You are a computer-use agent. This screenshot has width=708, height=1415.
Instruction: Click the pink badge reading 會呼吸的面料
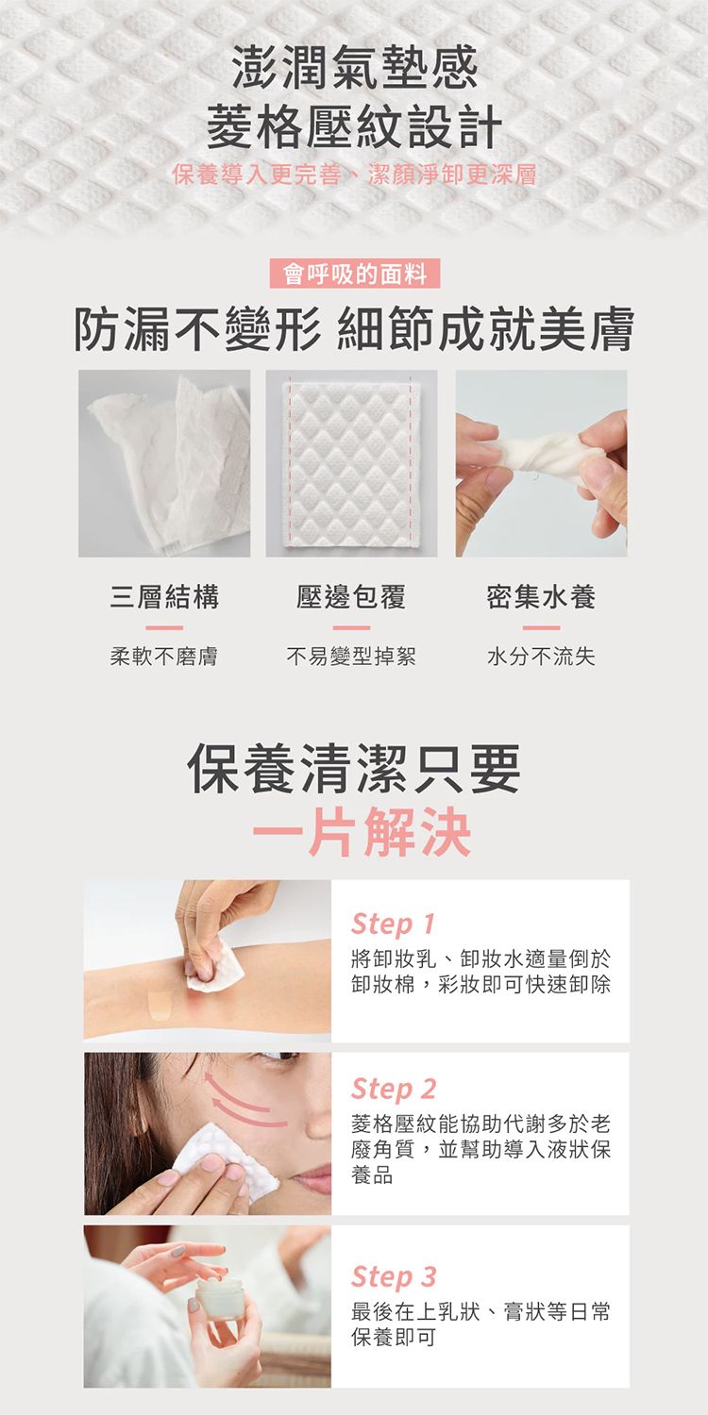pyautogui.click(x=354, y=275)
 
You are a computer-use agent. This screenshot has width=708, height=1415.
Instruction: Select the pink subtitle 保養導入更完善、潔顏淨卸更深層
pyautogui.click(x=354, y=175)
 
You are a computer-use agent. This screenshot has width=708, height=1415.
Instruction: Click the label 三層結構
pyautogui.click(x=164, y=596)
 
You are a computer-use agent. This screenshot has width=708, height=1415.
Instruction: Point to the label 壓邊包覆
pyautogui.click(x=351, y=596)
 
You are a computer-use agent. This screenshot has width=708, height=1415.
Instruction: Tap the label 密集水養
pyautogui.click(x=541, y=596)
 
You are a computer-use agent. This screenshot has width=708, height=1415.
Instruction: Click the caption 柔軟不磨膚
pyautogui.click(x=164, y=657)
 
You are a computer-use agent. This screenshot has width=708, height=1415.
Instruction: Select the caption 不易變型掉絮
pyautogui.click(x=351, y=657)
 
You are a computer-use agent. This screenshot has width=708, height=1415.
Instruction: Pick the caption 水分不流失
pyautogui.click(x=541, y=657)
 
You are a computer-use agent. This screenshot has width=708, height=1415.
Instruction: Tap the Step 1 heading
pyautogui.click(x=393, y=924)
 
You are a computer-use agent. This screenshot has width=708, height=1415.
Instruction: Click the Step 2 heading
pyautogui.click(x=394, y=1089)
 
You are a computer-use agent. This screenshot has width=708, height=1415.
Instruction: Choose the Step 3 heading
pyautogui.click(x=394, y=1276)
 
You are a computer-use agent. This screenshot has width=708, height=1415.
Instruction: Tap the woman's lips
pyautogui.click(x=312, y=1178)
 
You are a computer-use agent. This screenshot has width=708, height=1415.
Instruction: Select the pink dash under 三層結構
pyautogui.click(x=164, y=628)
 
